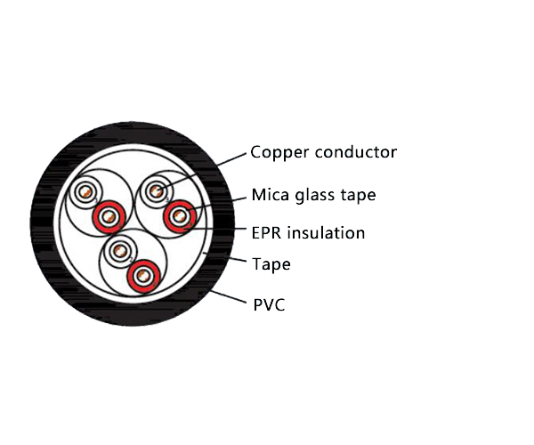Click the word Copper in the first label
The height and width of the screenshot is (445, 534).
pyautogui.click(x=278, y=152)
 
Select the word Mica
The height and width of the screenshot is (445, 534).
pyautogui.click(x=269, y=195)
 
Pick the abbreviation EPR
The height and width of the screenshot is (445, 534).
pyautogui.click(x=267, y=233)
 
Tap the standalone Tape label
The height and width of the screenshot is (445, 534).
pyautogui.click(x=271, y=264)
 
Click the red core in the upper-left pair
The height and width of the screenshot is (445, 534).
pyautogui.click(x=109, y=214)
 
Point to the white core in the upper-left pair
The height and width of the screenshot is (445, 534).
pyautogui.click(x=87, y=192)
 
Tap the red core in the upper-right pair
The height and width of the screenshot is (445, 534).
pyautogui.click(x=181, y=214)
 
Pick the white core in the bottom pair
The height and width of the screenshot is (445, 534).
pyautogui.click(x=117, y=250)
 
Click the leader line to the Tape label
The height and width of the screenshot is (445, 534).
pyautogui.click(x=227, y=259)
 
